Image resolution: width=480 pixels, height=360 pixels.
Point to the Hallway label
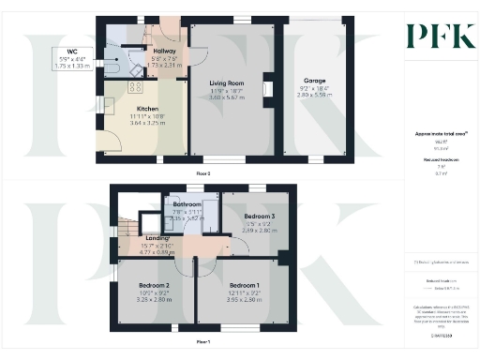[164, 52]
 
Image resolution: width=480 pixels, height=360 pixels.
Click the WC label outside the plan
[72, 52]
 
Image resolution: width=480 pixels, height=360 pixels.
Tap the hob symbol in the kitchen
[134, 88]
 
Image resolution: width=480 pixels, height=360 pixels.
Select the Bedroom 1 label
[245, 285]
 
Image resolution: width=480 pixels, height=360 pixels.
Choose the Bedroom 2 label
[153, 285]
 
